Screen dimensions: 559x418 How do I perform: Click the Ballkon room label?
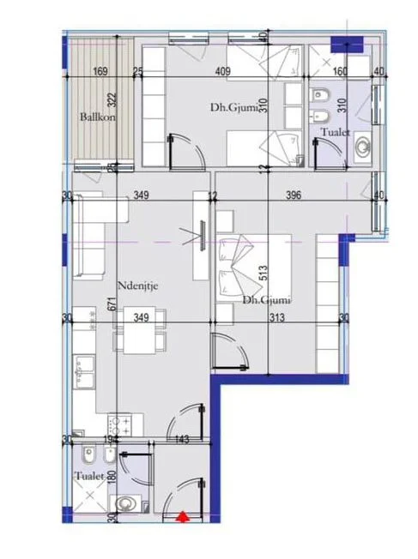(x=97, y=117)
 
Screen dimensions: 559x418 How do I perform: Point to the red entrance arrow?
(x=182, y=515)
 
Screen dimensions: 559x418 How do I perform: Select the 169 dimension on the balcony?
(x=100, y=71)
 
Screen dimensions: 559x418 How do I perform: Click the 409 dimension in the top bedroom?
(x=222, y=71)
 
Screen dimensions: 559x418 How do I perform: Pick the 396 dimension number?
(x=294, y=195)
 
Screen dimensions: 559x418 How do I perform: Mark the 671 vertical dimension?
(x=112, y=301)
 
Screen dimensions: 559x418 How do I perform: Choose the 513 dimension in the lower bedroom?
(x=264, y=273)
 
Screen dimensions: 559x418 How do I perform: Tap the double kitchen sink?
(x=88, y=374)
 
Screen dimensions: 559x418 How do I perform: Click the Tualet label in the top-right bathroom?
(x=333, y=132)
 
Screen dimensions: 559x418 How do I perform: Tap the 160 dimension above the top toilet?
(x=339, y=71)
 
